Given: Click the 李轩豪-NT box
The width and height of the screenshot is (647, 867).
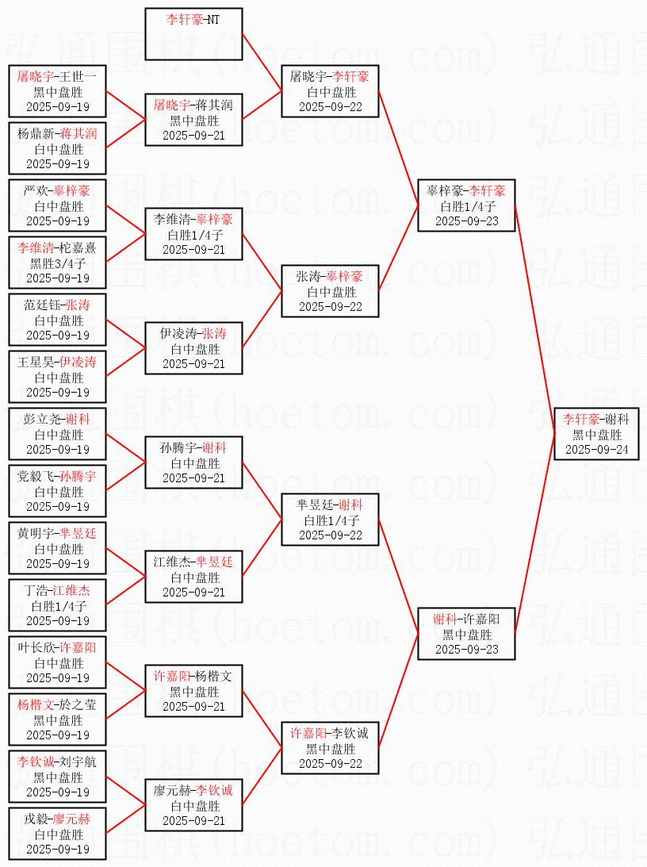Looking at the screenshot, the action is (193, 34).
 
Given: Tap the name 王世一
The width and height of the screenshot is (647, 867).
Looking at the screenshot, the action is (79, 77).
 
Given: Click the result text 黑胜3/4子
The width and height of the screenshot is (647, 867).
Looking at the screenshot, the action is (58, 263).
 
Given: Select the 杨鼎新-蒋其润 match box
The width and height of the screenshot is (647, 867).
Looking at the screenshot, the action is (58, 148).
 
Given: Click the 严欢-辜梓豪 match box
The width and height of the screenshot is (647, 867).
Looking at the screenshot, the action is (58, 205).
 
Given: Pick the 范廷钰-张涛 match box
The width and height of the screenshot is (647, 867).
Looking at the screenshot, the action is (58, 320).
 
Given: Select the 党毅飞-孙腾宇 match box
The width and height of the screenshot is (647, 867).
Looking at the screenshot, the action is (58, 491).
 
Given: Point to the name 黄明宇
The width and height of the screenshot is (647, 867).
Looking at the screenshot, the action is (36, 534).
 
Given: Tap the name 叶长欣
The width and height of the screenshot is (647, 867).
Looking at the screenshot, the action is (36, 648).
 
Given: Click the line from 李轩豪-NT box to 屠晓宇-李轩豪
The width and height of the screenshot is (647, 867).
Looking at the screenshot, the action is (262, 63).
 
